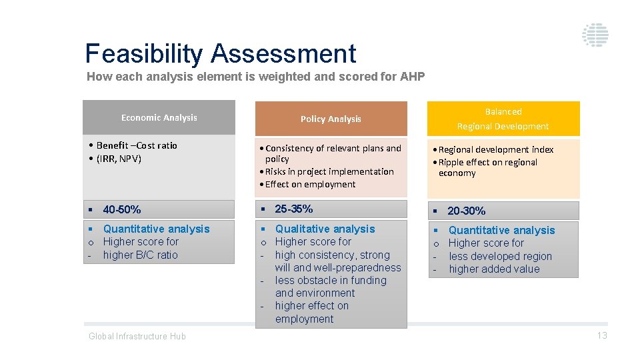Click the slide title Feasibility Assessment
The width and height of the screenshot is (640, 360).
[x=221, y=53]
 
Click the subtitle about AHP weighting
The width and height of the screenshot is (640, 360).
[x=255, y=77]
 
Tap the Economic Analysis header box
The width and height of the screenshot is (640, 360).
[x=159, y=117]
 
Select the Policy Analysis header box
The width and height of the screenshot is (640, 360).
[x=331, y=119]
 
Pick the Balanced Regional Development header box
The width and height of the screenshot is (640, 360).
[x=503, y=119]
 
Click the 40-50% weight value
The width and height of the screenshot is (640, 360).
[x=122, y=209]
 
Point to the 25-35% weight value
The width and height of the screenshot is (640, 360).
[x=294, y=209]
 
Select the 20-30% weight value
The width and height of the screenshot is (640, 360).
[x=466, y=211]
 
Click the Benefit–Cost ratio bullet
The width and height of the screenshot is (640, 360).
[x=137, y=145]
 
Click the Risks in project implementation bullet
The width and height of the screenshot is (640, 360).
[x=329, y=171]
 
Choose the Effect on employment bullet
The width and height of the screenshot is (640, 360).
[x=310, y=184]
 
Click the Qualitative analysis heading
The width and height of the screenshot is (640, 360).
[x=325, y=229]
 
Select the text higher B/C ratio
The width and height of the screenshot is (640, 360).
[x=140, y=255]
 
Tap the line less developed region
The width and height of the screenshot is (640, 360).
[x=500, y=256]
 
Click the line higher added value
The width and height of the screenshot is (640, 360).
[x=494, y=269]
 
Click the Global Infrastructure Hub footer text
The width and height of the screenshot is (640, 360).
[x=137, y=336]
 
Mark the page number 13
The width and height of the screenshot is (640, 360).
[x=601, y=335]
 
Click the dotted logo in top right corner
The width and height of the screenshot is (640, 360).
[x=595, y=35]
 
